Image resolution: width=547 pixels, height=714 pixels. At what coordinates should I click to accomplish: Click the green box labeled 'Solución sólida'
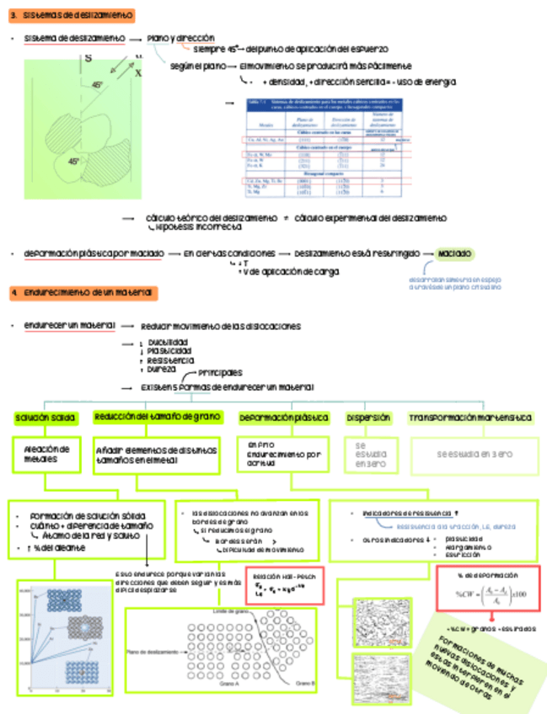46,418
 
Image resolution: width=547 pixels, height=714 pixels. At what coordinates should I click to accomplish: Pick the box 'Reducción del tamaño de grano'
158,418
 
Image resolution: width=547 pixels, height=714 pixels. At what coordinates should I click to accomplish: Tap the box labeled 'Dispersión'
368,418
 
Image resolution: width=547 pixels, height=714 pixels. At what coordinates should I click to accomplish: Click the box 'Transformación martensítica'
470,418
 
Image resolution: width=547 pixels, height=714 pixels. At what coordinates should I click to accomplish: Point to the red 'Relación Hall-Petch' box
283,584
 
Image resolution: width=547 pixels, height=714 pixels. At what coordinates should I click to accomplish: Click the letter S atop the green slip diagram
88,58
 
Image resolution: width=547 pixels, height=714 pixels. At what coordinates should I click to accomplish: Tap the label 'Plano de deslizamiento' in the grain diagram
153,651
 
